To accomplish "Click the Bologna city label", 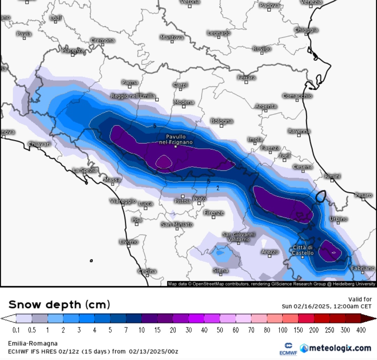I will (222, 121).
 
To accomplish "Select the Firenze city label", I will (214, 213).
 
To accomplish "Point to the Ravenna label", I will (299, 131).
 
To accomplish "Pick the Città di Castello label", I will (303, 250).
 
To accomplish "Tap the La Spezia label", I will (84, 170).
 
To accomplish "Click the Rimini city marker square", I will (332, 181).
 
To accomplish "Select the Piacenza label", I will (73, 51).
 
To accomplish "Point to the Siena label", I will (221, 270).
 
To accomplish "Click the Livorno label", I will (129, 242).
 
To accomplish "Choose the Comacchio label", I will (297, 96).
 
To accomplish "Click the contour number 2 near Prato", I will (218, 188).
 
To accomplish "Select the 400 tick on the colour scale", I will (361, 330).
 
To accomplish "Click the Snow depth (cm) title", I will (59, 304).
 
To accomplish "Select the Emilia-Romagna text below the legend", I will (33, 344).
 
